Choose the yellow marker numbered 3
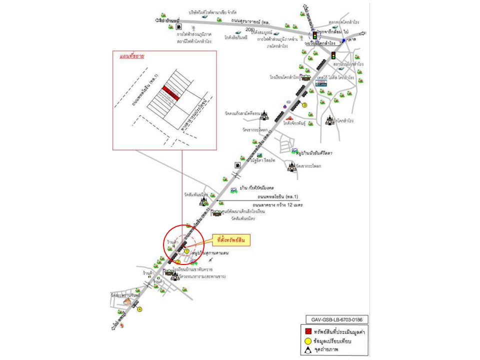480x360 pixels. click(x=304, y=105)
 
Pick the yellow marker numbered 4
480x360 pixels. click(x=140, y=309)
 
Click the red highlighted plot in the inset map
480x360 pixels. click(x=170, y=93)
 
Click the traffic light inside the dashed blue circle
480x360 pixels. click(x=314, y=36)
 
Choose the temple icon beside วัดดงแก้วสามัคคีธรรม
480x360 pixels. click(x=263, y=116)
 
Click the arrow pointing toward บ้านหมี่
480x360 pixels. click(x=159, y=20)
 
